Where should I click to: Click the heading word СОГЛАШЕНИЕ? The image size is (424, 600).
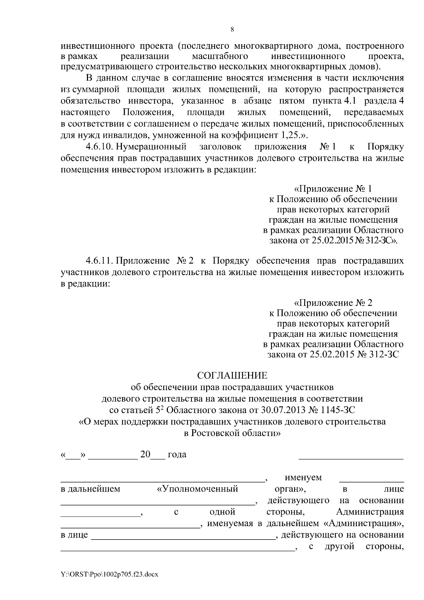[232, 375]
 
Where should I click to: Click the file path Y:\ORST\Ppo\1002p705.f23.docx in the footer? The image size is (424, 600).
[110, 575]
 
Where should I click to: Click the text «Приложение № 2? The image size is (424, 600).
[333, 303]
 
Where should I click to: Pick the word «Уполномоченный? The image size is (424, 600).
[198, 489]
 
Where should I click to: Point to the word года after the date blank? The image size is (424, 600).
[177, 454]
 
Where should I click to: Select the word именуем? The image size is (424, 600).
[303, 478]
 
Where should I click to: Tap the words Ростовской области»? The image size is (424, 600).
[236, 433]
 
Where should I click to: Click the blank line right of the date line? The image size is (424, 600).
[351, 458]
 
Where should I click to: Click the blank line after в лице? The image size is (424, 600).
[183, 539]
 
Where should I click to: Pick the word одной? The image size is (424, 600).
[220, 512]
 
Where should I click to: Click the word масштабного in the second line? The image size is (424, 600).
[220, 57]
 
